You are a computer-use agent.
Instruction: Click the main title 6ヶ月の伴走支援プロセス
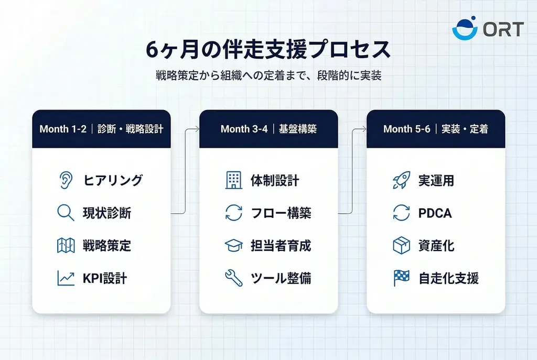pyautogui.click(x=268, y=51)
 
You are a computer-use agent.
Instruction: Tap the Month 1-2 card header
pyautogui.click(x=101, y=129)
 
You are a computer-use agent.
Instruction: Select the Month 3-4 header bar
pyautogui.click(x=268, y=129)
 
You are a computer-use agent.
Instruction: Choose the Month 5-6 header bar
pyautogui.click(x=435, y=129)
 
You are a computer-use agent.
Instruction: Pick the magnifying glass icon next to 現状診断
pyautogui.click(x=66, y=213)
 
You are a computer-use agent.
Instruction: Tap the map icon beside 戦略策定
pyautogui.click(x=66, y=245)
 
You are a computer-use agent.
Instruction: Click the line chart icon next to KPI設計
pyautogui.click(x=66, y=278)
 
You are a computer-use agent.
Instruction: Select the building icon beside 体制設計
pyautogui.click(x=233, y=181)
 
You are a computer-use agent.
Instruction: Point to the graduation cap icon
pyautogui.click(x=233, y=245)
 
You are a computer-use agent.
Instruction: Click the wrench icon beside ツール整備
pyautogui.click(x=233, y=278)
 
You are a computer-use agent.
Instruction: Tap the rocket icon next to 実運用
pyautogui.click(x=401, y=181)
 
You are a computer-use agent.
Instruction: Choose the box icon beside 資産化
pyautogui.click(x=401, y=245)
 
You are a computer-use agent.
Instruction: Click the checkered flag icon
pyautogui.click(x=401, y=278)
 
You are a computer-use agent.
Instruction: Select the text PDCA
pyautogui.click(x=435, y=213)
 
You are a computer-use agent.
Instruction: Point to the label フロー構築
pyautogui.click(x=281, y=213)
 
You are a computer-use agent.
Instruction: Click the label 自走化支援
pyautogui.click(x=448, y=278)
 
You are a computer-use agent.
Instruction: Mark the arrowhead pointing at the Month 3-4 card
pyautogui.click(x=197, y=129)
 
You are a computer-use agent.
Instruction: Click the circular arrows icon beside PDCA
pyautogui.click(x=401, y=213)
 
